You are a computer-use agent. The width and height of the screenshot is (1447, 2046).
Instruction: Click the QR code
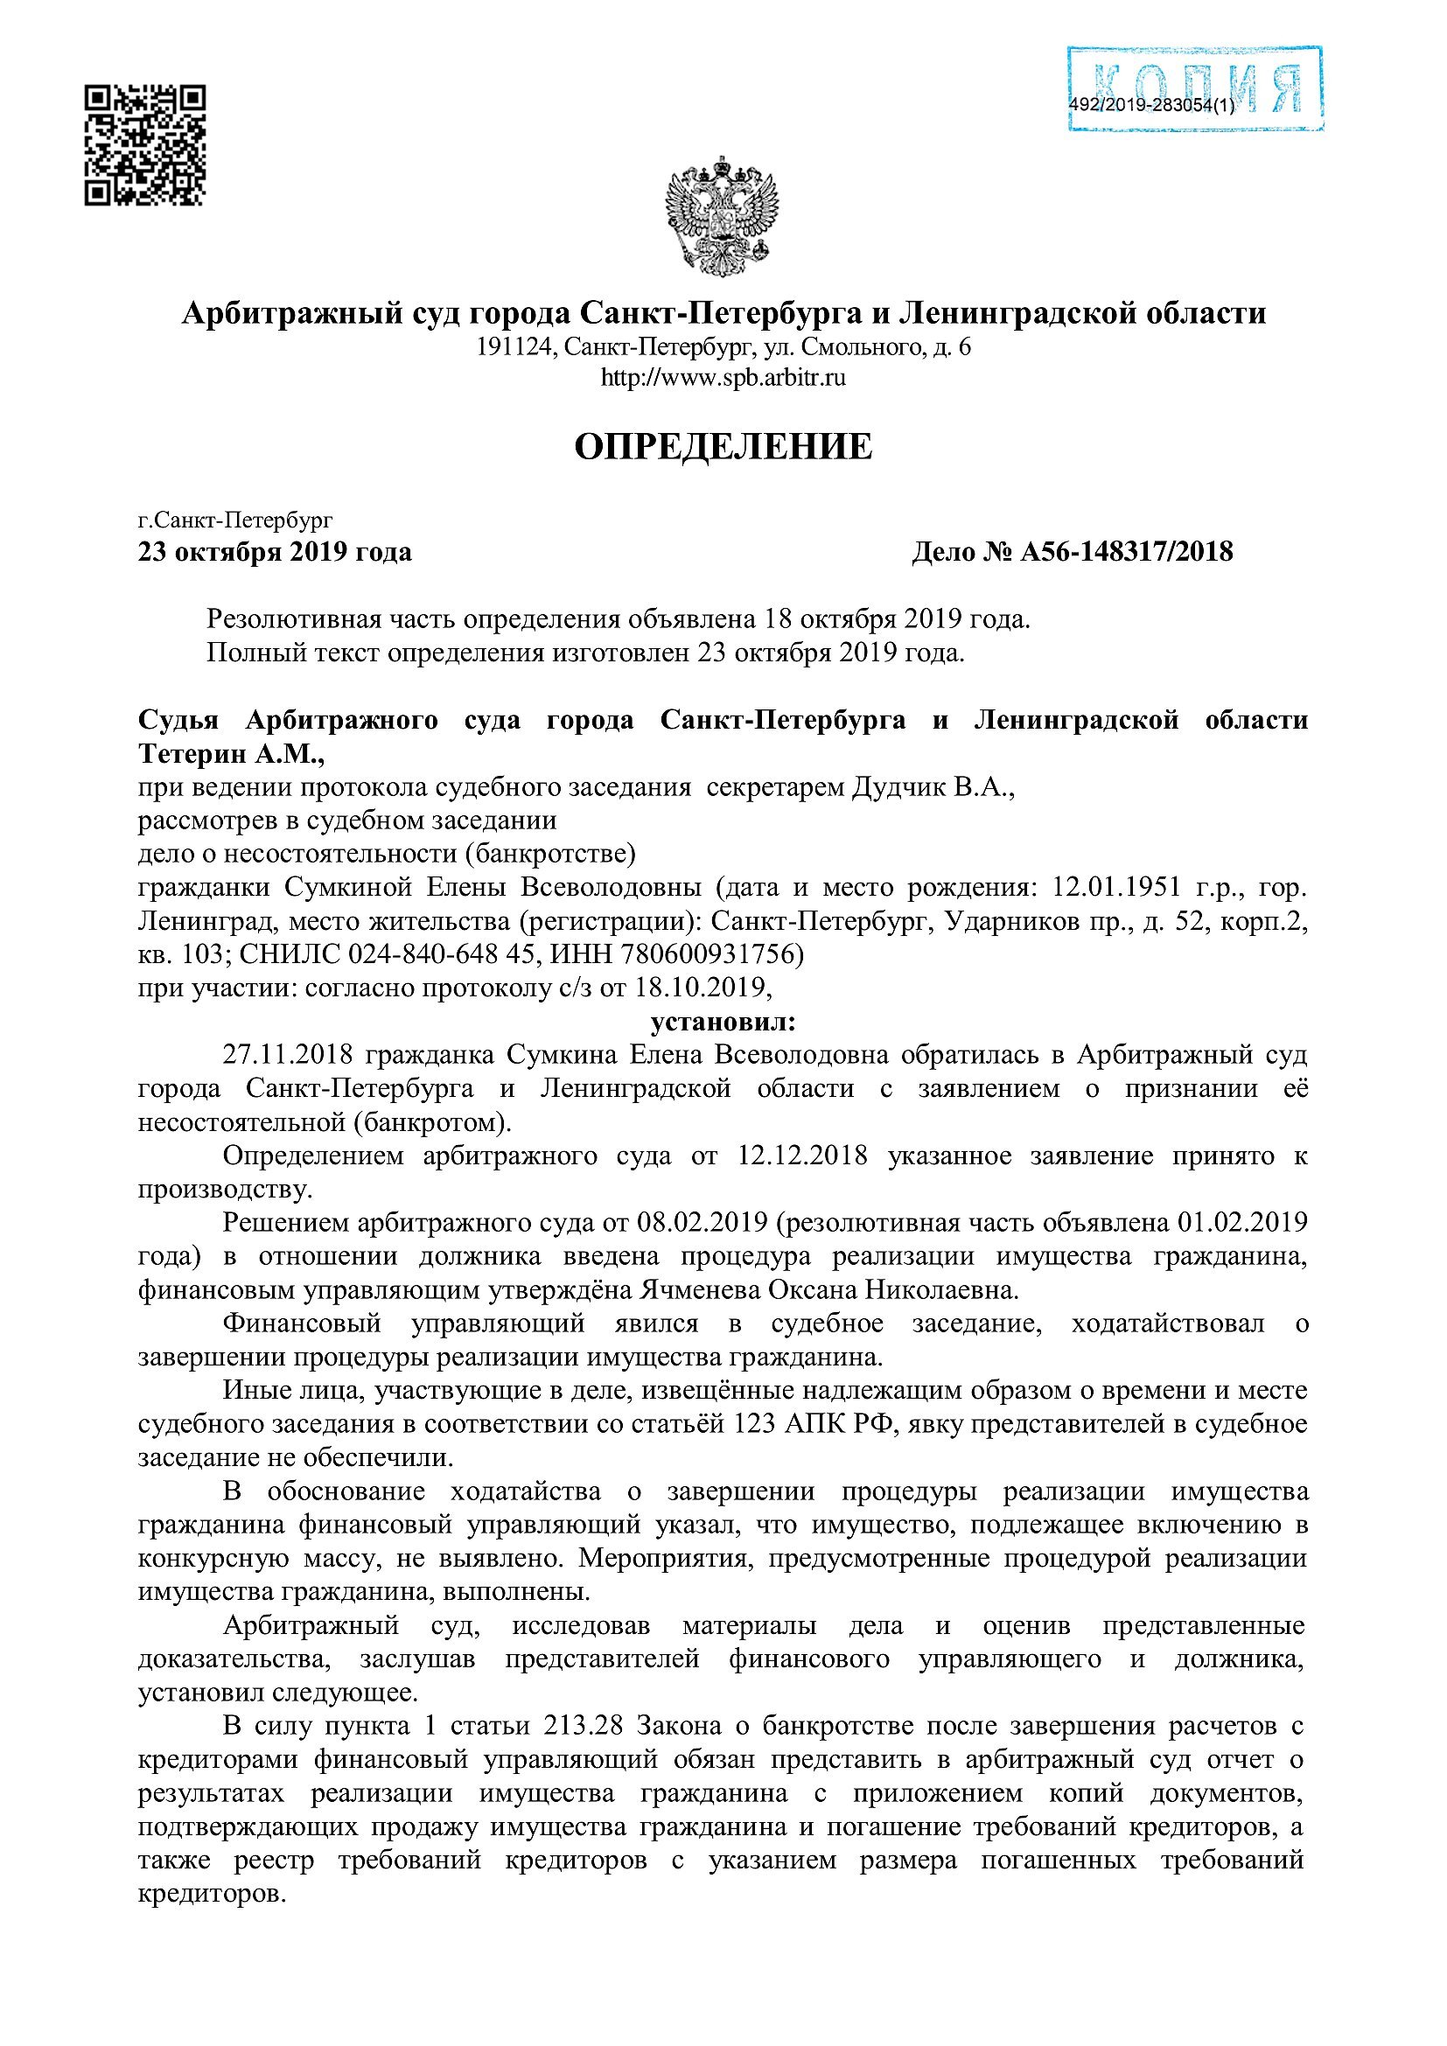(145, 145)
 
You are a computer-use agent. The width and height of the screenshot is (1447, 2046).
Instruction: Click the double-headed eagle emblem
(722, 217)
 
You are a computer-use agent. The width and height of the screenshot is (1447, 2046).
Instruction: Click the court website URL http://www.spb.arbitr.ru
(723, 378)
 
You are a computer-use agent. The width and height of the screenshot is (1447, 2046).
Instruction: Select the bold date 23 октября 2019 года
(275, 553)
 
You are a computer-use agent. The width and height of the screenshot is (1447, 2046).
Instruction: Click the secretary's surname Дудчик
(898, 788)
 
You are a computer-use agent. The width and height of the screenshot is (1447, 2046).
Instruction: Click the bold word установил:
(723, 1021)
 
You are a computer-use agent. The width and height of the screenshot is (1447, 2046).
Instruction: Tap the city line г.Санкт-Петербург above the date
(235, 520)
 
